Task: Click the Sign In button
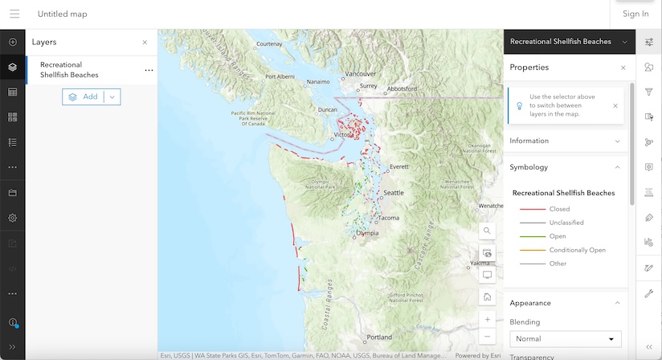tap(635, 14)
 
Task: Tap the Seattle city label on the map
tap(394, 193)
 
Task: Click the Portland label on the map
tap(380, 337)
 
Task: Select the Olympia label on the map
tap(366, 233)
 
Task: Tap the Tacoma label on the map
tap(389, 218)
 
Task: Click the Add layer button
tap(84, 96)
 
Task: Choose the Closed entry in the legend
tap(559, 209)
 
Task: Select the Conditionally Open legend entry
tap(577, 250)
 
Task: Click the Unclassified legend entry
tap(566, 223)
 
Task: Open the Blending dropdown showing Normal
tap(566, 339)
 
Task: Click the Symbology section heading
tap(529, 167)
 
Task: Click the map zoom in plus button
tap(488, 319)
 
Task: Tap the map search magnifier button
tap(488, 231)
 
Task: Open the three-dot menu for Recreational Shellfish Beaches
tap(149, 71)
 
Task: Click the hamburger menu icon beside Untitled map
tap(14, 14)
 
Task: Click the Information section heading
tap(529, 141)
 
